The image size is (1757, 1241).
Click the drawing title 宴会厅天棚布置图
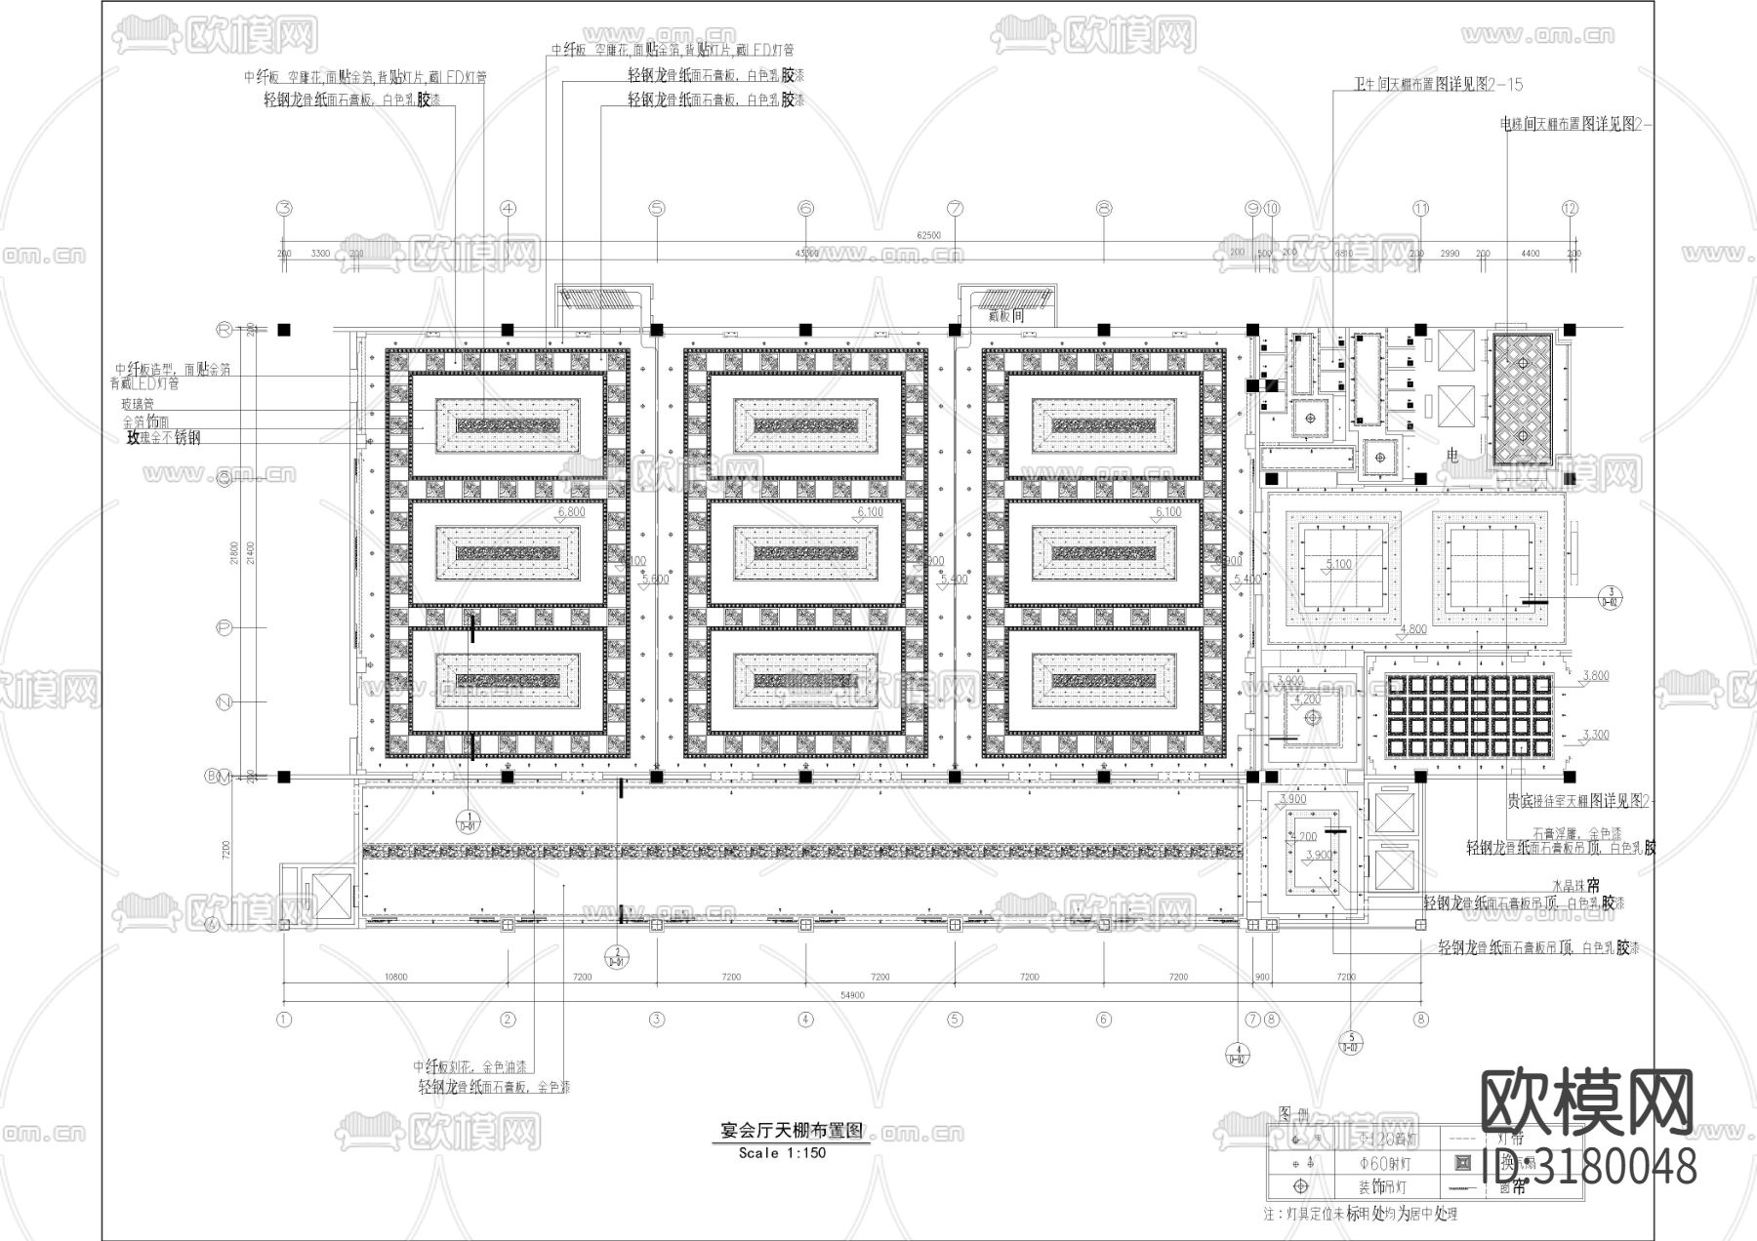pyautogui.click(x=791, y=1131)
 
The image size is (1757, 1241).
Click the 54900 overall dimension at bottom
pyautogui.click(x=852, y=995)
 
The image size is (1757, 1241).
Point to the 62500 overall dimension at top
pyautogui.click(x=928, y=235)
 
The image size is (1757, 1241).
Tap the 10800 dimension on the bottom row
pyautogui.click(x=395, y=977)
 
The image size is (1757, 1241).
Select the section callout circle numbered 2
pyautogui.click(x=617, y=956)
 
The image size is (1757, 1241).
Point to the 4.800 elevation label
pyautogui.click(x=1412, y=629)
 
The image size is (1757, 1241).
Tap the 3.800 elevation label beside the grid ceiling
pyautogui.click(x=1595, y=675)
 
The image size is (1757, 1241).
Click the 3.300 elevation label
pyautogui.click(x=1595, y=735)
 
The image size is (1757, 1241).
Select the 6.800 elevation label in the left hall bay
pyautogui.click(x=570, y=511)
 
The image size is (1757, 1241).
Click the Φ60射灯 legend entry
pyautogui.click(x=1384, y=1164)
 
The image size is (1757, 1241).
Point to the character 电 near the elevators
pyautogui.click(x=1451, y=456)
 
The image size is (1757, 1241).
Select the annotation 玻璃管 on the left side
pyautogui.click(x=138, y=403)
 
